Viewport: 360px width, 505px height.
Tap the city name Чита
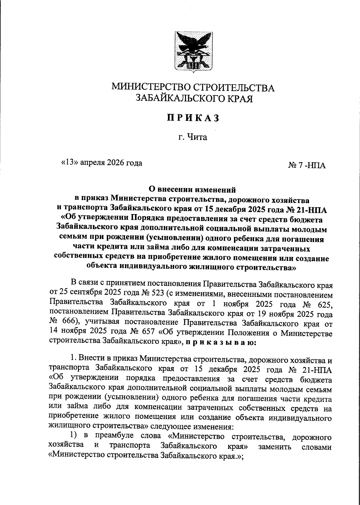pyautogui.click(x=197, y=137)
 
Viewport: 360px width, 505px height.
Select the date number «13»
pyautogui.click(x=70, y=163)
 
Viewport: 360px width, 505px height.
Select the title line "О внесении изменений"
pyautogui.click(x=193, y=190)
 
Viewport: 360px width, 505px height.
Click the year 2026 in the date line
pyautogui.click(x=111, y=163)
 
